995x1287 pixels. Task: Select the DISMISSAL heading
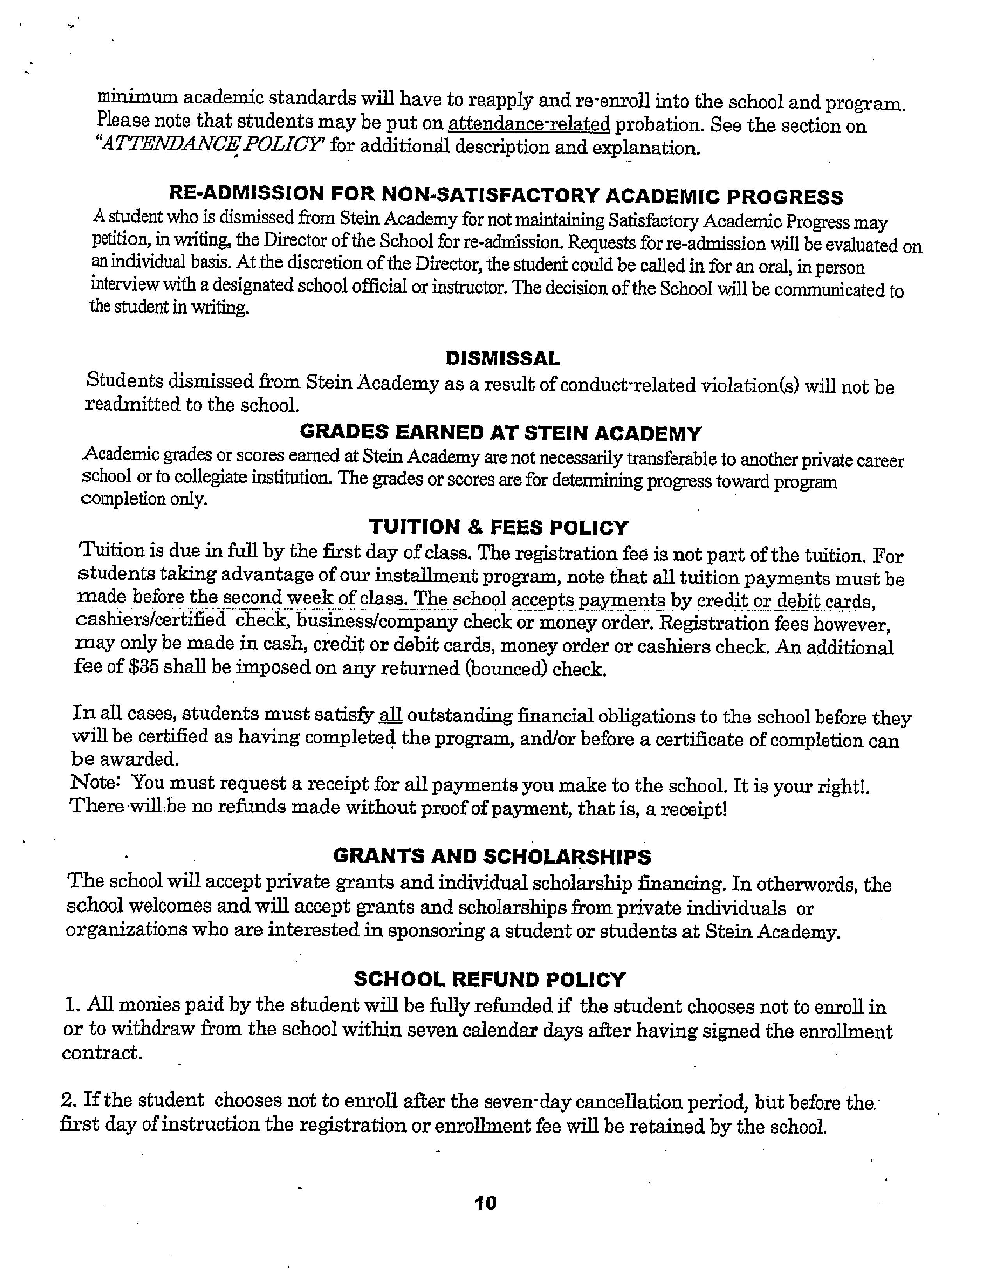click(x=502, y=358)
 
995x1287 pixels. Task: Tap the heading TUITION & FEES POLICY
click(x=499, y=527)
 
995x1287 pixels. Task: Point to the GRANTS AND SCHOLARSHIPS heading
click(x=492, y=856)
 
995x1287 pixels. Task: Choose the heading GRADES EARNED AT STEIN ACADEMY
click(x=501, y=433)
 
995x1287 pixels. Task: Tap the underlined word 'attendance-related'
click(x=529, y=124)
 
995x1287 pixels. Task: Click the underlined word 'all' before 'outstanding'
click(x=390, y=715)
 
